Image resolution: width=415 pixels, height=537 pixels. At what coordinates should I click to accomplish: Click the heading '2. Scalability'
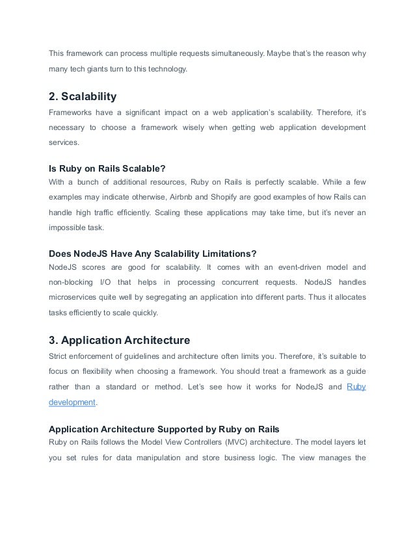[83, 97]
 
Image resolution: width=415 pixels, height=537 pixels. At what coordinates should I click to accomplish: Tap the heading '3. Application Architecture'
[119, 339]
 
